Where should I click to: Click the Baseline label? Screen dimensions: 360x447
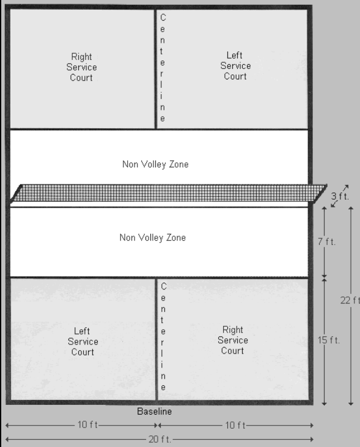(154, 412)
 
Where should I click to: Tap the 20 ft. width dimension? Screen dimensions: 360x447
(160, 439)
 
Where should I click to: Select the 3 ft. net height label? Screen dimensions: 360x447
(340, 196)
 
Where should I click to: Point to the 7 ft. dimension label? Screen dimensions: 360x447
(326, 242)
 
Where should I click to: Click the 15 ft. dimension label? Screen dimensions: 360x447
(329, 340)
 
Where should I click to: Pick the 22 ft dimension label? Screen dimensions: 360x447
(350, 300)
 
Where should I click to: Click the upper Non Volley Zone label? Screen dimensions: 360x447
(155, 164)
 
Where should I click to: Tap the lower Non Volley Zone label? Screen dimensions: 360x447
(153, 238)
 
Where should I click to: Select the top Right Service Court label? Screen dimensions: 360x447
(81, 67)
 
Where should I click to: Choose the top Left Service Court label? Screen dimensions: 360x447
(235, 65)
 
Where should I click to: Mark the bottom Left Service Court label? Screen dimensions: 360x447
(83, 341)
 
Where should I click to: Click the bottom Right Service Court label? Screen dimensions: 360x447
(233, 340)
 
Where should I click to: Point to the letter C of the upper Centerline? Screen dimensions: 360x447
(163, 17)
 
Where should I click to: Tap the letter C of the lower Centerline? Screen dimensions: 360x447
(163, 286)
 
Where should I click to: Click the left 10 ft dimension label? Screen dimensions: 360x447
(87, 425)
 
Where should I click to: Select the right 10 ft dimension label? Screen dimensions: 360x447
(235, 426)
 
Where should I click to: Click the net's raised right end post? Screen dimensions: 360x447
(320, 194)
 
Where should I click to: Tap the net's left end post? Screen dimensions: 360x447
(15, 194)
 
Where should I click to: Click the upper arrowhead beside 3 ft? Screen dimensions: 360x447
(346, 187)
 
